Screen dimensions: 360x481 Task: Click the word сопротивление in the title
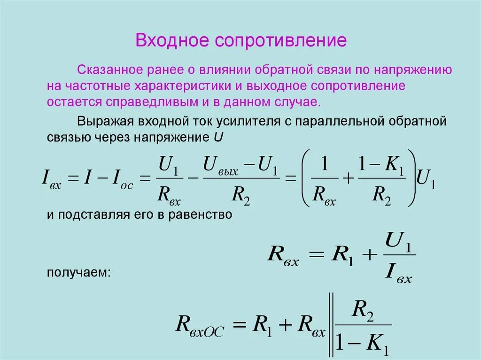click(x=281, y=40)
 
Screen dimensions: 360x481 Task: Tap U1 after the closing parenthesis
click(x=427, y=178)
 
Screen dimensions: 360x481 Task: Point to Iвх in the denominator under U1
click(x=398, y=272)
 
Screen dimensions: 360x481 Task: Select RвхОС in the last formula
click(x=200, y=325)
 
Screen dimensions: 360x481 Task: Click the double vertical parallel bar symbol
click(x=332, y=325)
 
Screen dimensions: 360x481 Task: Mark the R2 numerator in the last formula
click(x=363, y=310)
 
